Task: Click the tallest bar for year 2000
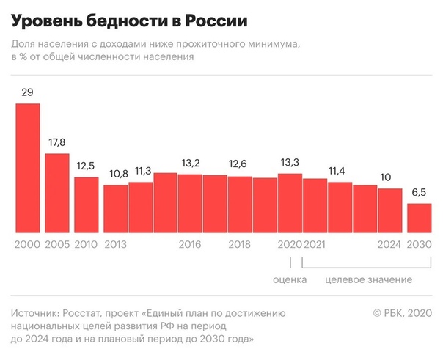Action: coord(28,167)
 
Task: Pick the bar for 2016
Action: coord(190,203)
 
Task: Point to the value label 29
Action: coord(28,92)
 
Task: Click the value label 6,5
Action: coord(419,194)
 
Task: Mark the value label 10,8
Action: coord(116,175)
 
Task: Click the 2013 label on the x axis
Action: coord(116,244)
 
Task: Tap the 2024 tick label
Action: coord(390,244)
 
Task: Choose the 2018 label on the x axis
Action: coord(240,244)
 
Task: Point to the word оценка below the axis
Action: coord(290,280)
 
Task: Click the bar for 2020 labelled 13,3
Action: coord(290,202)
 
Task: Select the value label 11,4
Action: coord(339,171)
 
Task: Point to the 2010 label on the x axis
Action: coord(87,244)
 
